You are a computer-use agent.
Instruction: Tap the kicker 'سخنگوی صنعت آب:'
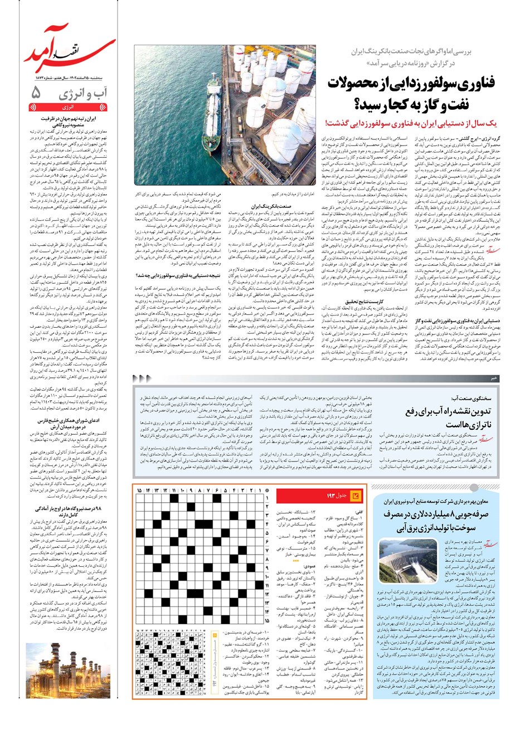coord(471,399)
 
